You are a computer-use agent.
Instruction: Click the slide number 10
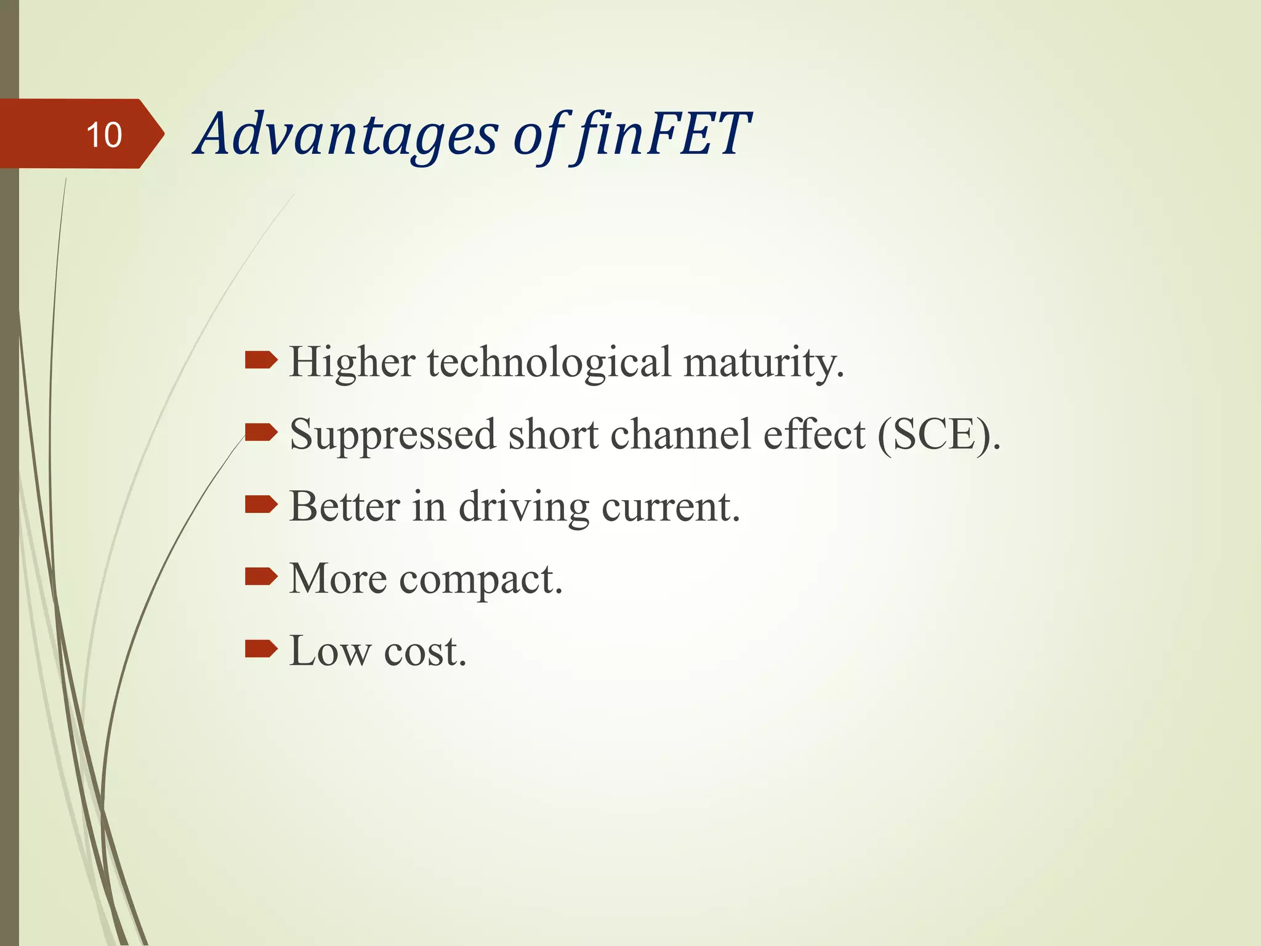click(x=104, y=135)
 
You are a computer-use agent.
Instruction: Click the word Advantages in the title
click(x=348, y=135)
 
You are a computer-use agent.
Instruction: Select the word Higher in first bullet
click(x=352, y=362)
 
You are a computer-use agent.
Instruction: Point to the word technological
click(x=549, y=362)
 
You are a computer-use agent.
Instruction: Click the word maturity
click(x=763, y=363)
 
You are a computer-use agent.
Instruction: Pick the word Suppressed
click(x=392, y=435)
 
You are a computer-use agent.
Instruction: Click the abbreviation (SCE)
click(x=938, y=435)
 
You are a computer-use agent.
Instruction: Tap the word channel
click(x=680, y=435)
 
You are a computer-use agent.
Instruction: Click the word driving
click(x=524, y=507)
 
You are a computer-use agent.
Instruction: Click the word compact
click(x=480, y=580)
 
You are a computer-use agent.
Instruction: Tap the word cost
click(x=425, y=651)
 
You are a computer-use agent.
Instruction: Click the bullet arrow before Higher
click(x=261, y=360)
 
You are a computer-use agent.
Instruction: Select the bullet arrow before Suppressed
click(x=261, y=432)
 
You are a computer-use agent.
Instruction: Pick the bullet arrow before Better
click(x=261, y=505)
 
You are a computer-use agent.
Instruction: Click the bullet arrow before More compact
click(x=261, y=577)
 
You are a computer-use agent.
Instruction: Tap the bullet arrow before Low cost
click(x=261, y=649)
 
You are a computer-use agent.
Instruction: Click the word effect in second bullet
click(x=814, y=435)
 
